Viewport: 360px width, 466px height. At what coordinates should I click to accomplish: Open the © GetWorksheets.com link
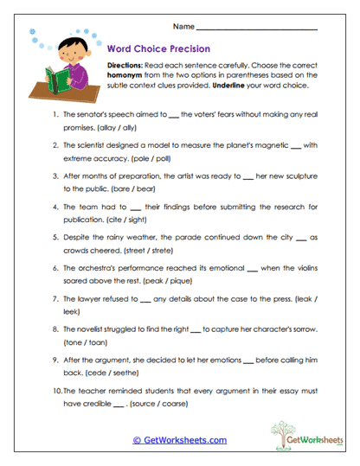(x=180, y=440)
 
